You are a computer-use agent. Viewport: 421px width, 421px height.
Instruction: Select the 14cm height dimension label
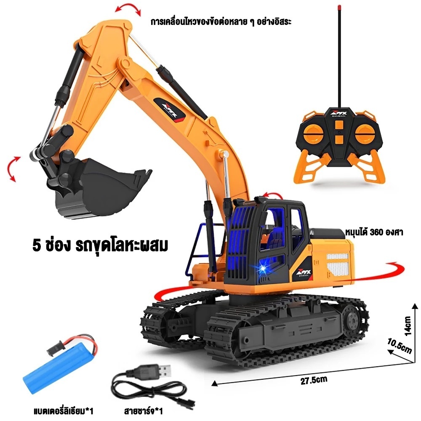tap(408, 326)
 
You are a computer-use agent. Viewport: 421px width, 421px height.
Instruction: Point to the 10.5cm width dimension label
tap(399, 346)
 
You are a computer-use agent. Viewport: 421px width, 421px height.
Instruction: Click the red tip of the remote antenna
tap(340, 8)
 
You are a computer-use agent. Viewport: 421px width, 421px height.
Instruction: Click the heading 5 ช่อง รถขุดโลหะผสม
tap(100, 246)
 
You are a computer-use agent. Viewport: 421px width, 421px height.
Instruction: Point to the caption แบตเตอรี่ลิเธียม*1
tap(64, 411)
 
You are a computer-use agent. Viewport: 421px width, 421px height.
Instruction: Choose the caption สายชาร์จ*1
tap(144, 411)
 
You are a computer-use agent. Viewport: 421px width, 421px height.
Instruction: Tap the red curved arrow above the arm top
tap(128, 8)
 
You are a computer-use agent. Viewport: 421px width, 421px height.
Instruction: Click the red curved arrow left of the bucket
tap(14, 169)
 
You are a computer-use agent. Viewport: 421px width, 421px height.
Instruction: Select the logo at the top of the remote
tap(339, 114)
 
